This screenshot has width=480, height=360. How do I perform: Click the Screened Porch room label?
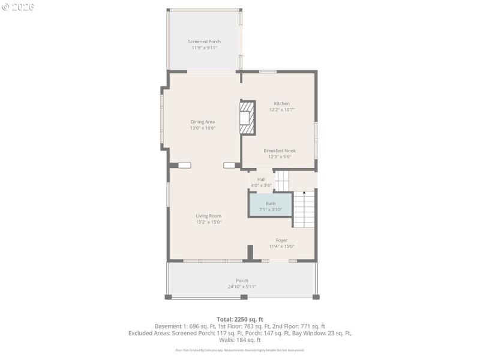pyautogui.click(x=204, y=41)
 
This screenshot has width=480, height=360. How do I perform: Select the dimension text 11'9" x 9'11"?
pyautogui.click(x=204, y=47)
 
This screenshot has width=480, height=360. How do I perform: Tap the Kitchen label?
pyautogui.click(x=281, y=103)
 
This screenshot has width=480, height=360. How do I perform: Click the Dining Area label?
pyautogui.click(x=202, y=122)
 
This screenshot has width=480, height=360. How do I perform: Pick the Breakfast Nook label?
pyautogui.click(x=279, y=151)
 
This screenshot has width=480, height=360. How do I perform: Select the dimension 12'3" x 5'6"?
pyautogui.click(x=279, y=157)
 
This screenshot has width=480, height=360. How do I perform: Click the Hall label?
pyautogui.click(x=261, y=179)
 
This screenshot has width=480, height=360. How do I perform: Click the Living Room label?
pyautogui.click(x=208, y=216)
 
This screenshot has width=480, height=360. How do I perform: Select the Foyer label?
pyautogui.click(x=281, y=240)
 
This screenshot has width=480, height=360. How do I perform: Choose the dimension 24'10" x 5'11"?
pyautogui.click(x=242, y=287)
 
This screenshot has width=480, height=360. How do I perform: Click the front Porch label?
pyautogui.click(x=242, y=280)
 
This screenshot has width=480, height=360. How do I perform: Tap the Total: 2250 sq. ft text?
pyautogui.click(x=240, y=319)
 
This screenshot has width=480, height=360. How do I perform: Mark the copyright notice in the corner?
pyautogui.click(x=18, y=7)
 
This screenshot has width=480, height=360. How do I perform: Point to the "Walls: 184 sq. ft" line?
pyautogui.click(x=240, y=340)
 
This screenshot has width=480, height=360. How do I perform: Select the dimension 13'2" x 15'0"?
pyautogui.click(x=208, y=222)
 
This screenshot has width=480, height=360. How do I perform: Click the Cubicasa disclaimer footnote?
pyautogui.click(x=240, y=350)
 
